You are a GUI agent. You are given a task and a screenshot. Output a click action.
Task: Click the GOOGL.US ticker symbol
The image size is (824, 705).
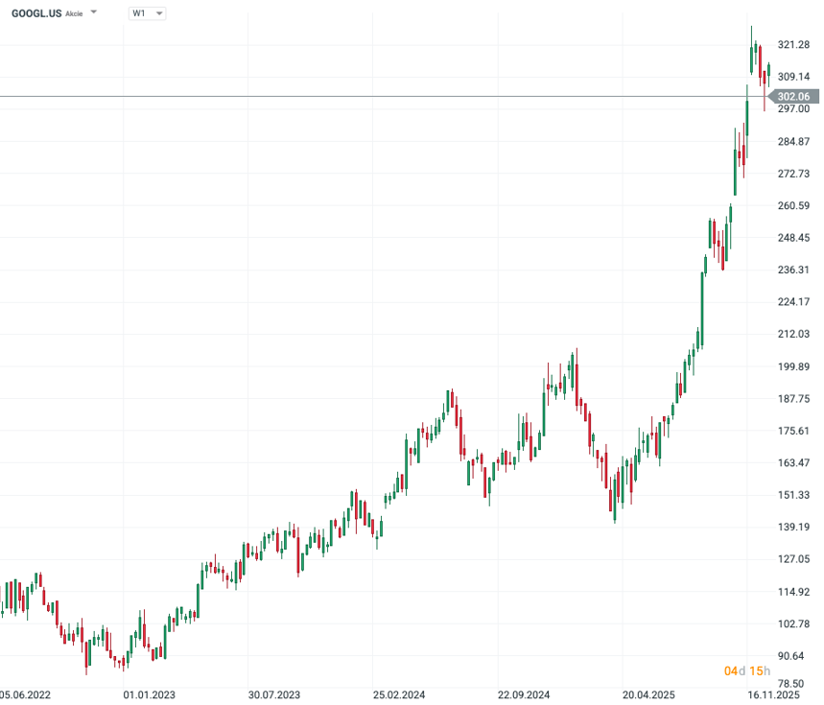tap(35, 13)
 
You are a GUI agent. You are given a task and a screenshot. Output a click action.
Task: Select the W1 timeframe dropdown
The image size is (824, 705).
tap(147, 13)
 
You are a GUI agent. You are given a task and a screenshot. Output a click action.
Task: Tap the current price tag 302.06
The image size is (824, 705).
tap(793, 97)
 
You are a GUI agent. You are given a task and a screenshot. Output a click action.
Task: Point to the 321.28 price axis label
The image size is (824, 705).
tap(793, 45)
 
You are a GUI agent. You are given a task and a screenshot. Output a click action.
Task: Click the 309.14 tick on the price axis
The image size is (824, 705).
tap(793, 77)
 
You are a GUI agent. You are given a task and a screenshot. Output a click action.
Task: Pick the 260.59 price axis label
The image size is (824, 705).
tap(793, 205)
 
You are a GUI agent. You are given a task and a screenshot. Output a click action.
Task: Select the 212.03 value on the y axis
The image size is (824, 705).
tap(793, 334)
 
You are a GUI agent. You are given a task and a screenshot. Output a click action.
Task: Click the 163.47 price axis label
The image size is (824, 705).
tap(793, 463)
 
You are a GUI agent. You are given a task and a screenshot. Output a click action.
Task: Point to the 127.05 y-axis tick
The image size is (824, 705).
tap(793, 559)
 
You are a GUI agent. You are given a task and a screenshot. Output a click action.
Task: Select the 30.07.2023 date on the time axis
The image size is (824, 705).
tap(274, 694)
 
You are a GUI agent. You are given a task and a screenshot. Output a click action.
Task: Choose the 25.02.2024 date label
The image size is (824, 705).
tap(399, 694)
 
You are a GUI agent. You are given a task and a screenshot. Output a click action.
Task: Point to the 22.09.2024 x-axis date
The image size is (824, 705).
tap(523, 694)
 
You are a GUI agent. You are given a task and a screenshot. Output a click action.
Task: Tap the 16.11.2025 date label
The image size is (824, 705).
tap(773, 694)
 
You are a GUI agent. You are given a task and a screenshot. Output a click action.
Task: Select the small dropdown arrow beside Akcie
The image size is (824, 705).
tap(94, 13)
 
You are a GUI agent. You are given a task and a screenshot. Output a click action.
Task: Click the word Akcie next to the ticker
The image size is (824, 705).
tap(74, 14)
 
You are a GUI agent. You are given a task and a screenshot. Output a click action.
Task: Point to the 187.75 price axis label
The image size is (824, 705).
tap(793, 399)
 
